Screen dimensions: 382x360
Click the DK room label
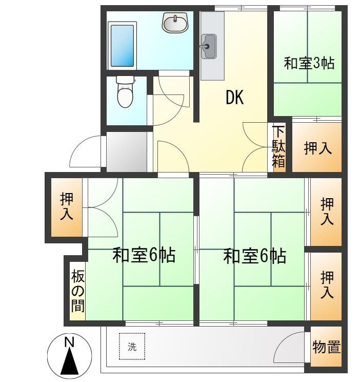point(234,98)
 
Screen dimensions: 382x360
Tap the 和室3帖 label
point(309,63)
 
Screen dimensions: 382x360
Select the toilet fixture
point(125,93)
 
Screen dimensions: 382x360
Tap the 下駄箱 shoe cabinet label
point(278,147)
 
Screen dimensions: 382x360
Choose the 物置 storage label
point(327,347)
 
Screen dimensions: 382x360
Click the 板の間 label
point(78,291)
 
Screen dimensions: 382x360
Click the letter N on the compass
point(69,342)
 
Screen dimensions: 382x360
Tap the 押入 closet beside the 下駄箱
point(317,148)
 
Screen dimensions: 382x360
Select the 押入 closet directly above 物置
point(327,285)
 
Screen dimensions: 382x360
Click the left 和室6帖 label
point(144,255)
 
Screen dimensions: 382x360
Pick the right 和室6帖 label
point(254,255)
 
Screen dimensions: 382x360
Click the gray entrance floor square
point(127,151)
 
